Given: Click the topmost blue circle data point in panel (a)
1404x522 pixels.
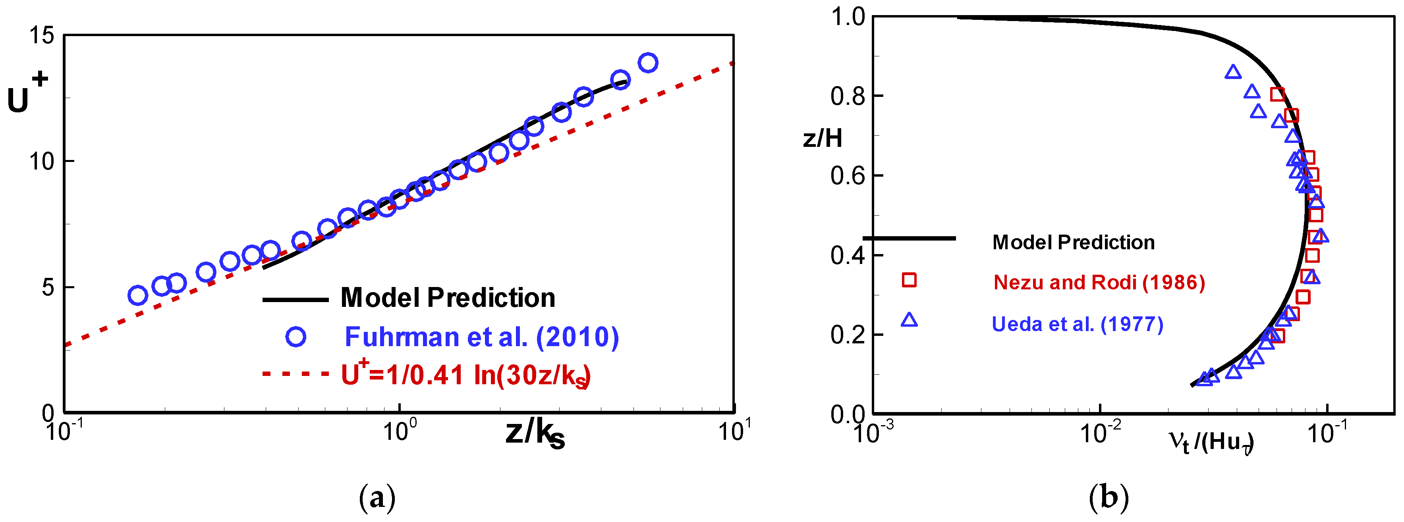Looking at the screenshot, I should (647, 63).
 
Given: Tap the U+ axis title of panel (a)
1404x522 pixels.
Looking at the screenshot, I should (26, 94).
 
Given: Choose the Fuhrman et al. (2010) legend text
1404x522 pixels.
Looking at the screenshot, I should (482, 337).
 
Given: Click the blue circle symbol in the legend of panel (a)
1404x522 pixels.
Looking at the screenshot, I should (296, 337).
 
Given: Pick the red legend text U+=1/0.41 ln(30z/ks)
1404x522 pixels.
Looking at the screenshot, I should (466, 375).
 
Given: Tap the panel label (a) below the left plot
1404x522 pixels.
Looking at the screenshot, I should (377, 497).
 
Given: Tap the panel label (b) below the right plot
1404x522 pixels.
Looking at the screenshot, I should (1109, 497).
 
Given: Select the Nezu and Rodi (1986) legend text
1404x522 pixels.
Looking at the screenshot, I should (1099, 282).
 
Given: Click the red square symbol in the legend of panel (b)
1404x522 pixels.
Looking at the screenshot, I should (909, 280).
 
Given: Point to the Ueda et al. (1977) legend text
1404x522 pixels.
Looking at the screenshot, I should (1078, 324).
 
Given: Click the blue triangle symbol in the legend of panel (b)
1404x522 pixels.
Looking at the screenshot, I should (909, 320).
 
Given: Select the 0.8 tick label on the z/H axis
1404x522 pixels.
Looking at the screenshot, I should (848, 96).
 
